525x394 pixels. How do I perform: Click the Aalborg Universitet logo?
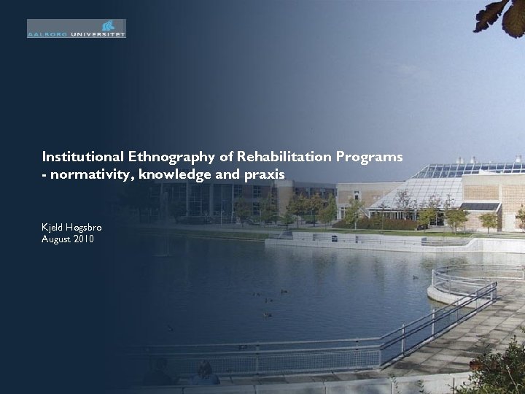point(77,28)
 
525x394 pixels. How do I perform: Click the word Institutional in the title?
point(83,156)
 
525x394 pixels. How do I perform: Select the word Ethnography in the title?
point(168,156)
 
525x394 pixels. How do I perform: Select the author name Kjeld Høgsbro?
point(71,228)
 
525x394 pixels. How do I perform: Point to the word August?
point(55,239)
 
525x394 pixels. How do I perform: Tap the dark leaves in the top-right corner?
point(500,15)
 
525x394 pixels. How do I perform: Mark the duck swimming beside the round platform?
point(416,277)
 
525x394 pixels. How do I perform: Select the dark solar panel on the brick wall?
point(481,206)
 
